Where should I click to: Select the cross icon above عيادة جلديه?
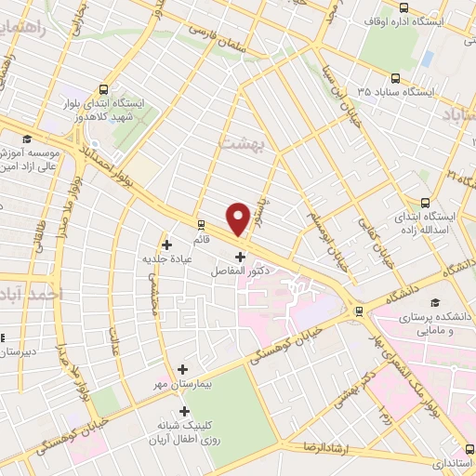click(x=166, y=245)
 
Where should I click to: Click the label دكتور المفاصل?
click(x=240, y=269)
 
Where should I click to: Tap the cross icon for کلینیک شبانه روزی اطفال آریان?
click(x=183, y=411)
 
